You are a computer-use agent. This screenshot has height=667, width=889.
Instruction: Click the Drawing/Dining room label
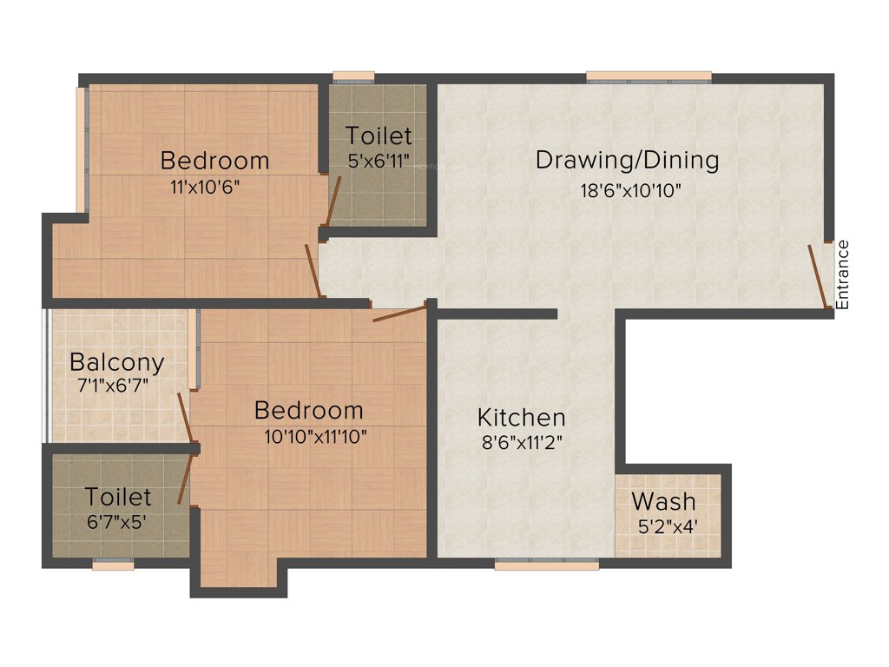pyautogui.click(x=627, y=160)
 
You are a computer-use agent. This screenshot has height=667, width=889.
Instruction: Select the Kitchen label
pyautogui.click(x=524, y=417)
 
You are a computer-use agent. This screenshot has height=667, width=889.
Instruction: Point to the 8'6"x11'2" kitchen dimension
pyautogui.click(x=524, y=442)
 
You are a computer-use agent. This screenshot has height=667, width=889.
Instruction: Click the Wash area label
pyautogui.click(x=663, y=501)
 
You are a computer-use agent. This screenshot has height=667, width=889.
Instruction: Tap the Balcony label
pyautogui.click(x=116, y=361)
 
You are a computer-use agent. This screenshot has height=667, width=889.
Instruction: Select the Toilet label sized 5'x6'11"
pyautogui.click(x=379, y=136)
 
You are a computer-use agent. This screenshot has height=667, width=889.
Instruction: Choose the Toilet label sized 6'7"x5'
pyautogui.click(x=118, y=497)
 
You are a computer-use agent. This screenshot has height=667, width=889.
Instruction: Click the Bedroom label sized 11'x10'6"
pyautogui.click(x=214, y=161)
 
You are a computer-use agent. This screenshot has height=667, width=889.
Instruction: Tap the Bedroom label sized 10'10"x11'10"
pyautogui.click(x=308, y=410)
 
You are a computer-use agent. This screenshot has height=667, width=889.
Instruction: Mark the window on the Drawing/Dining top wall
pyautogui.click(x=649, y=77)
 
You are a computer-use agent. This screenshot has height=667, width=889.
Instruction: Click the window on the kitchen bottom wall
pyautogui.click(x=547, y=564)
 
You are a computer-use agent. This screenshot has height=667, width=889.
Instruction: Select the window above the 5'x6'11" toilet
pyautogui.click(x=353, y=76)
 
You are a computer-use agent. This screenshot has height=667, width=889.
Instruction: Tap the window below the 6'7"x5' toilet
pyautogui.click(x=114, y=565)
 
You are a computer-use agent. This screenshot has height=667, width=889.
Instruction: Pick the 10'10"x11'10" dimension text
pyautogui.click(x=316, y=437)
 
